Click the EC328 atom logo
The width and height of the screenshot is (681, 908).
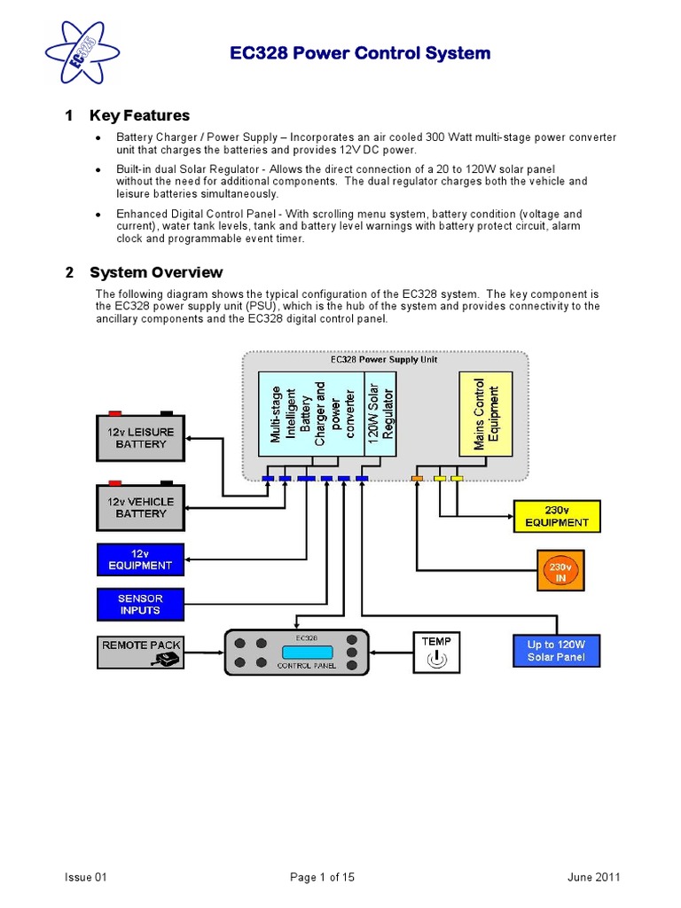click(81, 52)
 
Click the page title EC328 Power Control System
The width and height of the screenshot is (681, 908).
click(359, 53)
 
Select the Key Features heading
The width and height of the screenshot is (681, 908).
click(139, 115)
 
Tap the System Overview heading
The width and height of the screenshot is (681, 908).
click(156, 272)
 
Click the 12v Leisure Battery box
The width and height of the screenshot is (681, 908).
click(140, 438)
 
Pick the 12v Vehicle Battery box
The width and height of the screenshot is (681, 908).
click(140, 507)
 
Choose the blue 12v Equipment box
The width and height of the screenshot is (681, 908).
click(140, 560)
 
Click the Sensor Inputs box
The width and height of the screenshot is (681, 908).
click(140, 605)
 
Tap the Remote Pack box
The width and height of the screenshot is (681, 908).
click(140, 652)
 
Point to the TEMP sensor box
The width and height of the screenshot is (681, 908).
click(436, 652)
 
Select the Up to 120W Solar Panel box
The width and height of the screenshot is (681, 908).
click(556, 651)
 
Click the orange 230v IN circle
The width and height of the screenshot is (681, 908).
click(559, 572)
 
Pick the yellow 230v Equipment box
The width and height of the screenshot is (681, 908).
click(557, 516)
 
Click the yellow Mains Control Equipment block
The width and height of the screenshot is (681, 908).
click(486, 414)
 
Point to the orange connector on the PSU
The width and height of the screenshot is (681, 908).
click(418, 479)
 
